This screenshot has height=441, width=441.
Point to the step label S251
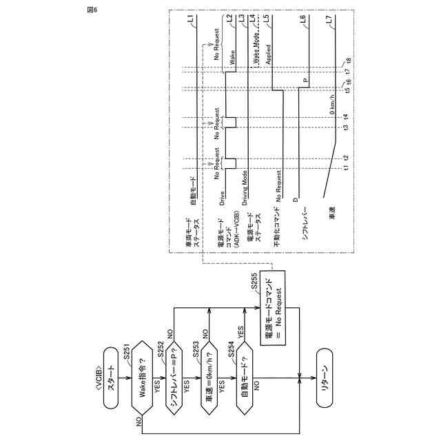pyautogui.click(x=127, y=353)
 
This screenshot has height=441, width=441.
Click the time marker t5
pyautogui.click(x=348, y=90)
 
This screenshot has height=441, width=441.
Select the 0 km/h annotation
pyautogui.click(x=332, y=106)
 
